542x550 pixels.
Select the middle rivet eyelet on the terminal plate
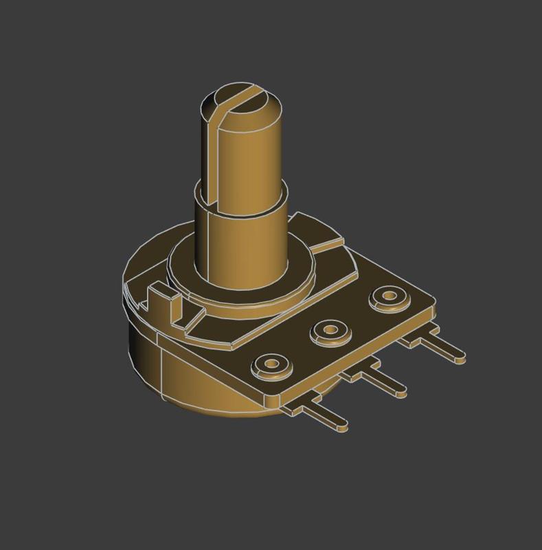tap(330, 332)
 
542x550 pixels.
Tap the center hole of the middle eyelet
tap(330, 331)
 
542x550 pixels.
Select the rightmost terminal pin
tap(440, 347)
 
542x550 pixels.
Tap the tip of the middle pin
tap(403, 393)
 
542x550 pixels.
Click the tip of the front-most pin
tap(344, 426)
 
